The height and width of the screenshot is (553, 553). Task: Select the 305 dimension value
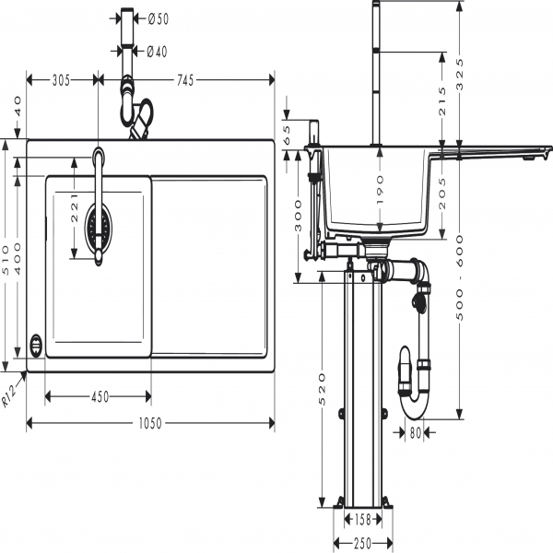click(61, 81)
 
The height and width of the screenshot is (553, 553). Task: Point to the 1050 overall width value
click(149, 423)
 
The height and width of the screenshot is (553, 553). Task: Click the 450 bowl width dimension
click(99, 396)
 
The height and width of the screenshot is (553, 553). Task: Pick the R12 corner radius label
click(11, 394)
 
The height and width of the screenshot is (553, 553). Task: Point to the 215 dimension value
click(441, 98)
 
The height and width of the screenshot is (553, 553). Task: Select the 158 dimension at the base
click(363, 520)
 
